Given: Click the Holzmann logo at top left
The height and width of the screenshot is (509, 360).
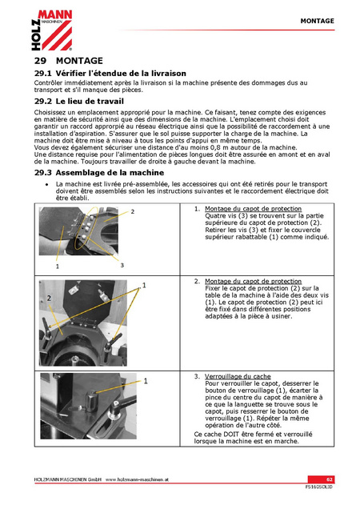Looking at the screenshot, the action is [52, 30].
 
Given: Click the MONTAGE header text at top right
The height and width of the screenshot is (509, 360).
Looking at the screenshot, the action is [317, 21].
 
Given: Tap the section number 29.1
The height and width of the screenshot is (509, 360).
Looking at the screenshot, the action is [43, 74].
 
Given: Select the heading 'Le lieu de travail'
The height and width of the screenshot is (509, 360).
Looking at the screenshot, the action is [90, 102].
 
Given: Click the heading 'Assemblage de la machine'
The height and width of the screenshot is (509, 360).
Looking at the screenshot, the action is [110, 173].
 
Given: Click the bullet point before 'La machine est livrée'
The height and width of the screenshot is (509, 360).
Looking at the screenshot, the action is [47, 184].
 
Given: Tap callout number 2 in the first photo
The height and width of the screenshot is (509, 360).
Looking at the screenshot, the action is [133, 211].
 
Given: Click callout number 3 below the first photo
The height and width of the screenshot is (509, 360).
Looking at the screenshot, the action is [122, 265].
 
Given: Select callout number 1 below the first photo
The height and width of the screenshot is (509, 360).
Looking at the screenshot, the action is [58, 267].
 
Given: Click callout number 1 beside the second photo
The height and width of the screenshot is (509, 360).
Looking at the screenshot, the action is [144, 286].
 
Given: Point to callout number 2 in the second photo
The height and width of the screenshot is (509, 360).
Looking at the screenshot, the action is [49, 298].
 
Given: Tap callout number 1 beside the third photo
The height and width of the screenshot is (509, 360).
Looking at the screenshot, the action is [146, 381].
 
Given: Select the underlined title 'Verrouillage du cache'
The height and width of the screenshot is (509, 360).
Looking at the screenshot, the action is [238, 377].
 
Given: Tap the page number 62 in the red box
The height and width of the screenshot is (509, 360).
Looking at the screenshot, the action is [330, 479].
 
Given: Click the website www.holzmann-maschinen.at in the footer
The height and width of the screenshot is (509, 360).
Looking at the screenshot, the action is [137, 479].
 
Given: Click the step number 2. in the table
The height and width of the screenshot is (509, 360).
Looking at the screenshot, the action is [197, 282].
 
